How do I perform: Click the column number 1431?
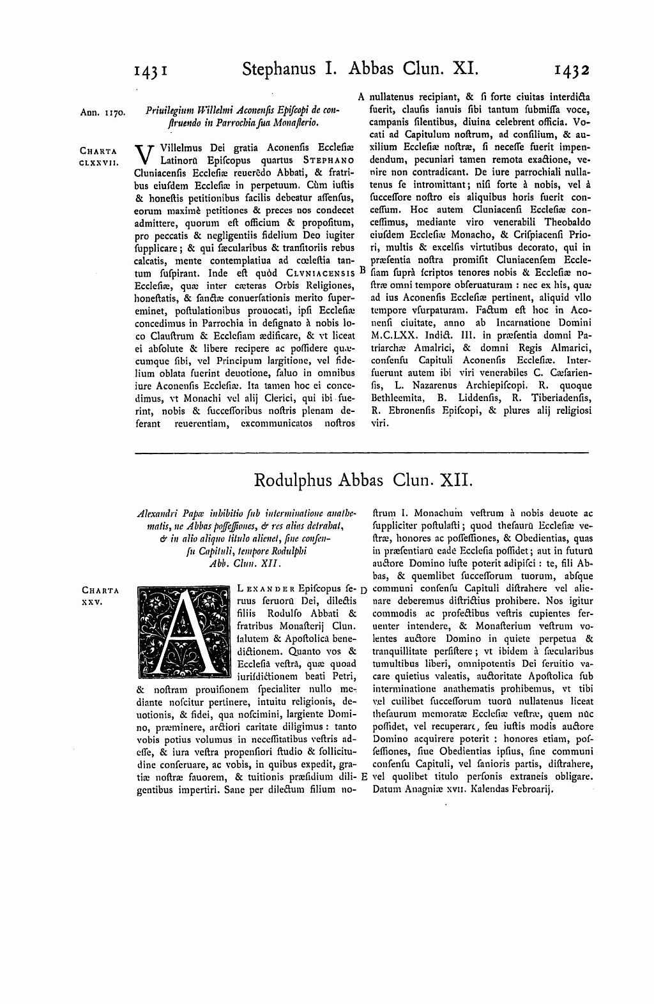[x=151, y=70]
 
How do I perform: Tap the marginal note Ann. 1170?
[x=103, y=113]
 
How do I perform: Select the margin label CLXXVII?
[x=98, y=163]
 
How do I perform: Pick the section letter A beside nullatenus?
[x=361, y=98]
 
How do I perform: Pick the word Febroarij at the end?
[x=529, y=789]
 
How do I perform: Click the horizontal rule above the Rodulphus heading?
[x=363, y=453]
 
